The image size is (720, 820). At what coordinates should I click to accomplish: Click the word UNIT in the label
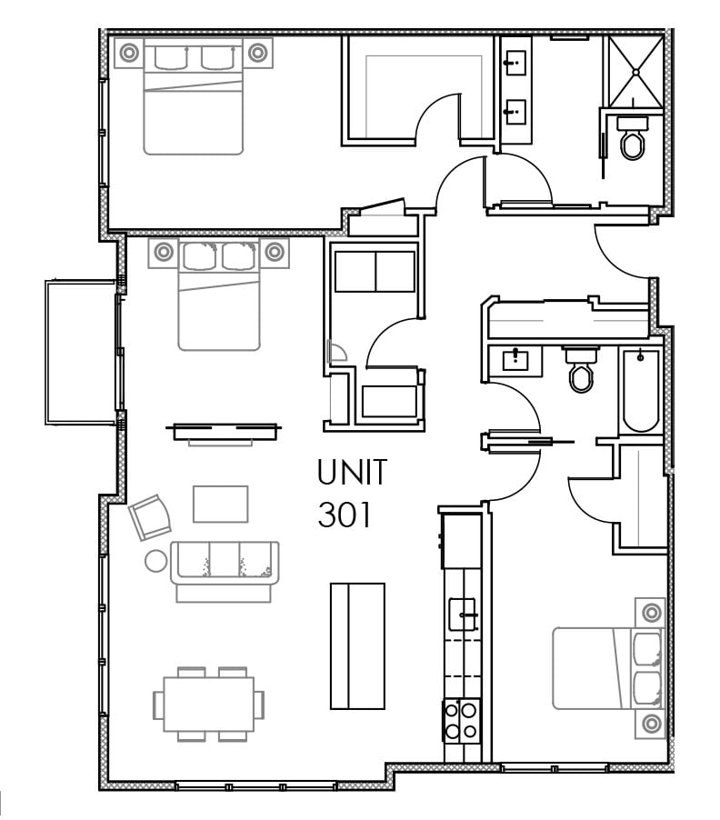(x=352, y=472)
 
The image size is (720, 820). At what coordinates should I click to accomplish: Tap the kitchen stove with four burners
(x=461, y=721)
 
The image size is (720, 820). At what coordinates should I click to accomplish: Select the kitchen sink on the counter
(x=464, y=614)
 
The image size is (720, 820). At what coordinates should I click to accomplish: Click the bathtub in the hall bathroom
(x=641, y=390)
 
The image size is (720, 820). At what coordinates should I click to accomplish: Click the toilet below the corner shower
(x=633, y=137)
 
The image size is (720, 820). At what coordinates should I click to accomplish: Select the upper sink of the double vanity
(x=516, y=63)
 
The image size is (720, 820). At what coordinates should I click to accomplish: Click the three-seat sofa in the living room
(x=224, y=571)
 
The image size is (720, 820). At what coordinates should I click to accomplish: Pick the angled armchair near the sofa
(x=150, y=516)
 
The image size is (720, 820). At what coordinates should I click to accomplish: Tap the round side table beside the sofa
(x=155, y=561)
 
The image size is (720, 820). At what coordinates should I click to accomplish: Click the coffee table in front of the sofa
(x=221, y=505)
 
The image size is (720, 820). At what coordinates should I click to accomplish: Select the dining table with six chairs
(x=208, y=704)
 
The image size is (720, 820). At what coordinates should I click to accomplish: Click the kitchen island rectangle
(x=357, y=646)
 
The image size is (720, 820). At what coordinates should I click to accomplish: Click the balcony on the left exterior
(x=80, y=353)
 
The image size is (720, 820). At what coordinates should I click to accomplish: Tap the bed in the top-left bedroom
(x=194, y=96)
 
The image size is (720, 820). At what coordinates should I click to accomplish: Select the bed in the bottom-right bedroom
(x=609, y=668)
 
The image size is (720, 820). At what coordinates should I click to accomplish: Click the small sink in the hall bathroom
(x=515, y=361)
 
